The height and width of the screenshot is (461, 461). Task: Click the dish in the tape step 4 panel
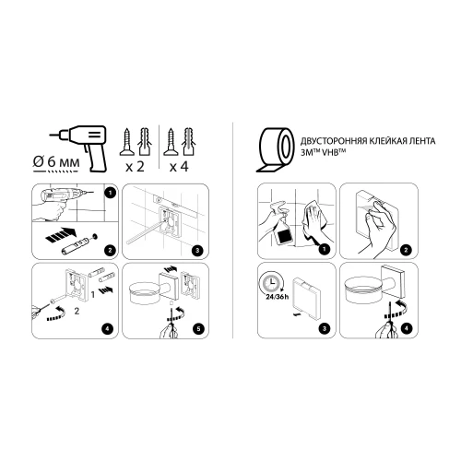coord(368,294)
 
